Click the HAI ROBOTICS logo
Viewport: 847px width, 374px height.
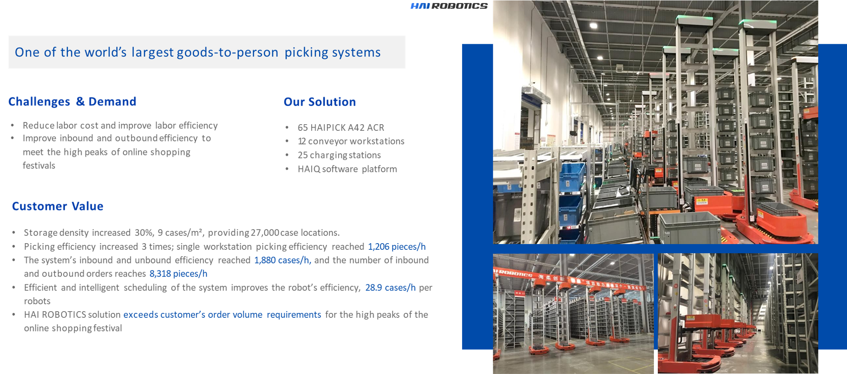pyautogui.click(x=449, y=6)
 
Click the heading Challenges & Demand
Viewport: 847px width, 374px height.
pyautogui.click(x=72, y=101)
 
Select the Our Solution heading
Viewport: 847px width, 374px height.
pyautogui.click(x=319, y=102)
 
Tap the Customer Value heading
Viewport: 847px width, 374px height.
pyautogui.click(x=57, y=206)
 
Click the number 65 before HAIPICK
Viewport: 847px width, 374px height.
pyautogui.click(x=302, y=127)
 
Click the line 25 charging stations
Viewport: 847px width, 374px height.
pyautogui.click(x=339, y=155)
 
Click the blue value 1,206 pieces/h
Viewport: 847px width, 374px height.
pyautogui.click(x=397, y=247)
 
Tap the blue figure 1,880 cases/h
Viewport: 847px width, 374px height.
pyautogui.click(x=282, y=260)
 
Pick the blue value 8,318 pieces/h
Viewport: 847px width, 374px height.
pyautogui.click(x=178, y=274)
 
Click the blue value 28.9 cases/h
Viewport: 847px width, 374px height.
pyautogui.click(x=390, y=288)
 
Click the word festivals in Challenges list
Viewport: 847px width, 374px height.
pyautogui.click(x=39, y=165)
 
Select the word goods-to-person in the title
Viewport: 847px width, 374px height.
pyautogui.click(x=227, y=52)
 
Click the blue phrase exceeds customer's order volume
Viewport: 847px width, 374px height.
pyautogui.click(x=193, y=315)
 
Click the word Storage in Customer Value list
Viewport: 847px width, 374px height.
pyautogui.click(x=41, y=233)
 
